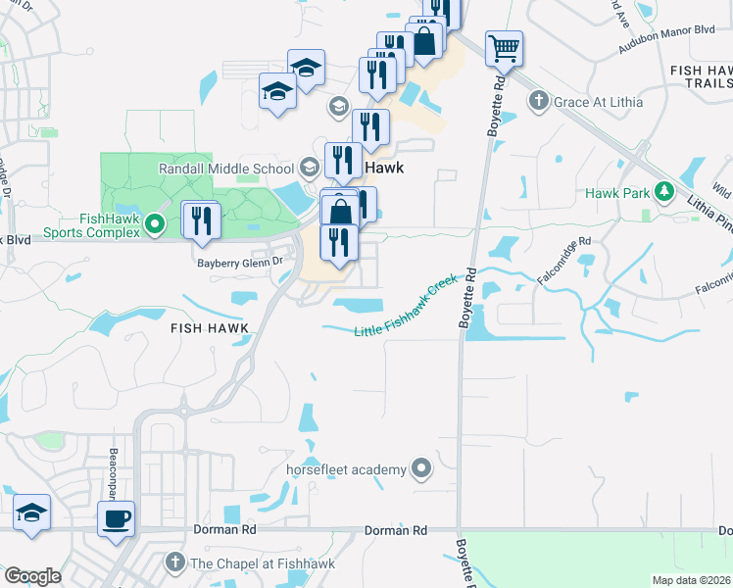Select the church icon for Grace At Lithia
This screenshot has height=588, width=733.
click(x=537, y=101)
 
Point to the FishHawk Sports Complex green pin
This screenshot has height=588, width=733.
click(x=154, y=226)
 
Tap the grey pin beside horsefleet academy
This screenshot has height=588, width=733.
click(x=422, y=469)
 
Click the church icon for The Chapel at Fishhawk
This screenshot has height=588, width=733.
click(x=174, y=563)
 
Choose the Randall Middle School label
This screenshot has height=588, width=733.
click(x=226, y=169)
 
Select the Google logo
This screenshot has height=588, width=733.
click(x=32, y=575)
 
